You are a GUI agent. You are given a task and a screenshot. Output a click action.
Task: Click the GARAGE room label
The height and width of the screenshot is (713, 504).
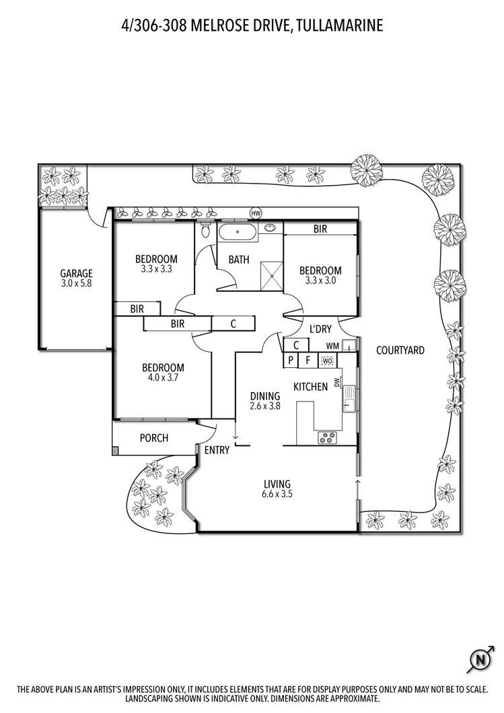77,273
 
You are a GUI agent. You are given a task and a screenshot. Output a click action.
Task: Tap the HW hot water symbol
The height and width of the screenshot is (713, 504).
256,213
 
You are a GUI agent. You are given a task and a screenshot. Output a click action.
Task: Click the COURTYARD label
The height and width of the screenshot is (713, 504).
400,350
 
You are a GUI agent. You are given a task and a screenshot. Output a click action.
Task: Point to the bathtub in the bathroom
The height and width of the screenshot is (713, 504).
238,231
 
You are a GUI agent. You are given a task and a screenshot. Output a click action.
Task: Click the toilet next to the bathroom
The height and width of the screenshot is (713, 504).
205,229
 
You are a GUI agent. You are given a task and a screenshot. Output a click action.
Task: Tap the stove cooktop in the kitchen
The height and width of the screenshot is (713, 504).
328,437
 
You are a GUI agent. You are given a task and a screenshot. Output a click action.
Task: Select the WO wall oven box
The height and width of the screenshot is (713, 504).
328,361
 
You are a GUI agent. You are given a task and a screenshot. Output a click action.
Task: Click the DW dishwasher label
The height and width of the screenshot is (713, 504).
337,383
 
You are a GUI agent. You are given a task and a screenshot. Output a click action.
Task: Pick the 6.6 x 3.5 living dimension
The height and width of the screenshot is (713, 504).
277,494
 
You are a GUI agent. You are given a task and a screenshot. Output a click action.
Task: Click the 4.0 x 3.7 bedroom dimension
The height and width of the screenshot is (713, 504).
163,377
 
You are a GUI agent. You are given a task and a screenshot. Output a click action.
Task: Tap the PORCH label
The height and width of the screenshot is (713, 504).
153,438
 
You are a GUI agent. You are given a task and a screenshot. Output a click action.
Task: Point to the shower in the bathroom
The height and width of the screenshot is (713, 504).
272,275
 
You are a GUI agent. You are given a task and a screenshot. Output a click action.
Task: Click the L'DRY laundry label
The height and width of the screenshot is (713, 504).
321,329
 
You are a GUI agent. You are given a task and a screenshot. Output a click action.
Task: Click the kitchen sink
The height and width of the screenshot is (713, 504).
349,398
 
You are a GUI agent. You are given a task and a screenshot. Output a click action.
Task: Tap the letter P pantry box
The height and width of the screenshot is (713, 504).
291,361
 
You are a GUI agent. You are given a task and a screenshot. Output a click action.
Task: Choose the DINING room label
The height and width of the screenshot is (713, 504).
264,396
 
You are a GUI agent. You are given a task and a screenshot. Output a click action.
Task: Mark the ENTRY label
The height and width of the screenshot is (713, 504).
217,450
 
